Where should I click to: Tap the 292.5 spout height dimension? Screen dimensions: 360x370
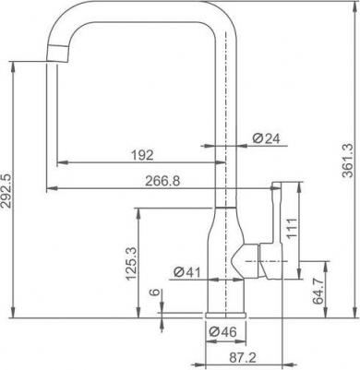(6, 190)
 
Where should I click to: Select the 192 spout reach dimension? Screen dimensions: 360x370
(142, 155)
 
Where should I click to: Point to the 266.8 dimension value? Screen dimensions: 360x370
(162, 181)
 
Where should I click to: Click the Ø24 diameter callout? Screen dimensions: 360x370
(267, 138)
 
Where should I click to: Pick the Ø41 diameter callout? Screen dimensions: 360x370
(186, 272)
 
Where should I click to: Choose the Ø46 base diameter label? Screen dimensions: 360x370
(222, 331)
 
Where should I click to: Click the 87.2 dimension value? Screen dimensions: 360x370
(243, 357)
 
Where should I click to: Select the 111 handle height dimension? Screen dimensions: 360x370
(292, 228)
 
